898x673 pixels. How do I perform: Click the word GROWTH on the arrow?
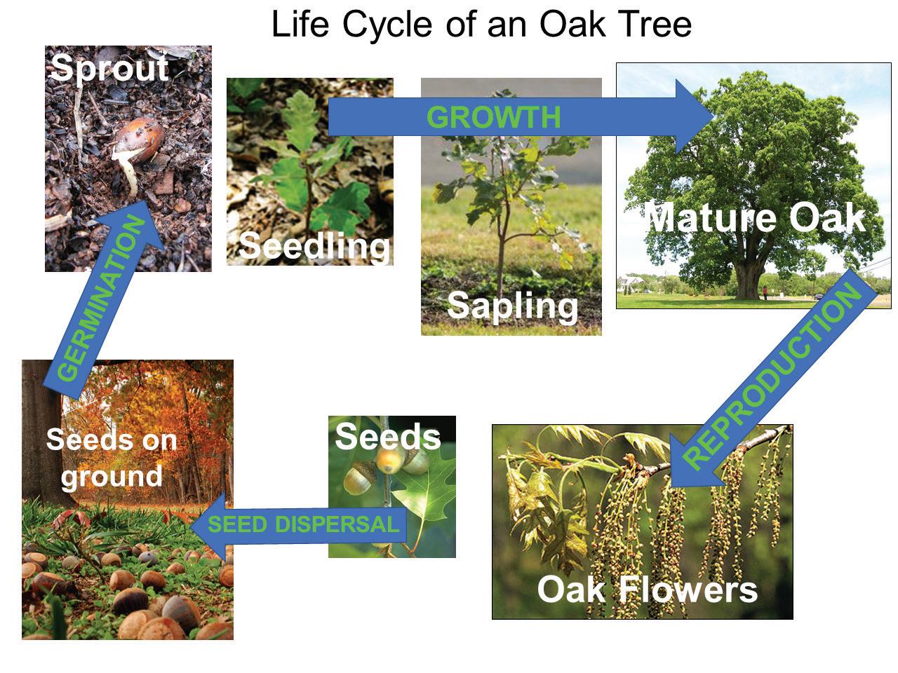click(493, 117)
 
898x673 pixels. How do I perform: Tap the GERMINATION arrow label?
click(101, 299)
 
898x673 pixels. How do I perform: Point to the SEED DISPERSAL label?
click(303, 524)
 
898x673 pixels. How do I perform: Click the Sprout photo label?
click(109, 69)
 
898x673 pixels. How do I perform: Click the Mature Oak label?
click(755, 219)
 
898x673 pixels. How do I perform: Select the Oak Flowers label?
click(648, 590)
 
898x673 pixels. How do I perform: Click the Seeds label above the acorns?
click(388, 437)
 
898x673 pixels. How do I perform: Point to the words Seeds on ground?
click(112, 458)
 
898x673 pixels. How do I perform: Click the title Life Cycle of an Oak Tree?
click(481, 25)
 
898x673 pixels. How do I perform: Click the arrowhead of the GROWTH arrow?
click(695, 116)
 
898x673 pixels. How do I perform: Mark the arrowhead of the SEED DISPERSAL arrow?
click(208, 526)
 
